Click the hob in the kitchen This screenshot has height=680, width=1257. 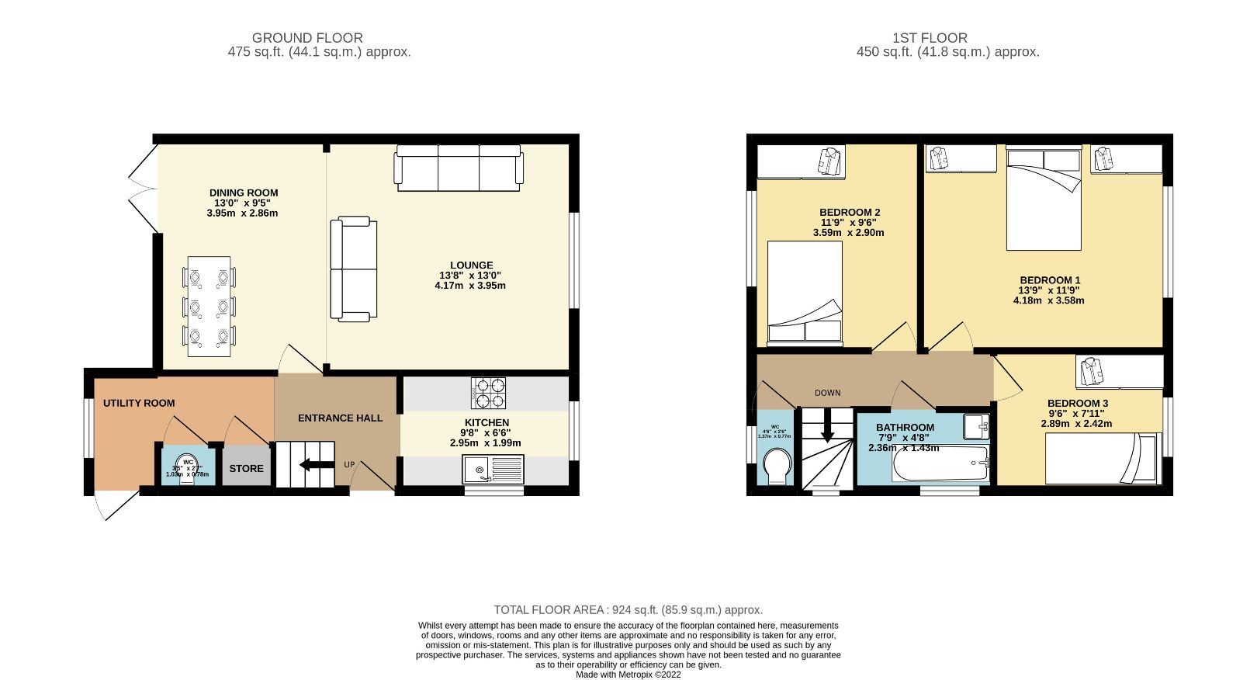pyautogui.click(x=489, y=393)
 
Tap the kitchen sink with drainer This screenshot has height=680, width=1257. pyautogui.click(x=493, y=470)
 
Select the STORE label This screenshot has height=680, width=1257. pyautogui.click(x=246, y=468)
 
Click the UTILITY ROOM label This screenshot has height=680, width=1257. pyautogui.click(x=139, y=403)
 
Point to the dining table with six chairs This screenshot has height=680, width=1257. pyautogui.click(x=209, y=307)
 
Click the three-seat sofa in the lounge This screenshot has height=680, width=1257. pyautogui.click(x=459, y=168)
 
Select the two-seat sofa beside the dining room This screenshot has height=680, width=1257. pyautogui.click(x=354, y=269)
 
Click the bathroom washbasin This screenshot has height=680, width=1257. pyautogui.click(x=976, y=426)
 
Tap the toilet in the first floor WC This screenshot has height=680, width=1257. pyautogui.click(x=777, y=467)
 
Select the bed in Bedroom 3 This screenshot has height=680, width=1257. pyautogui.click(x=1102, y=458)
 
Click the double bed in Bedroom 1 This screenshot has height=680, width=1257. pyautogui.click(x=1044, y=199)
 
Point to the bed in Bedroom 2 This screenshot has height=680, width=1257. pyautogui.click(x=805, y=293)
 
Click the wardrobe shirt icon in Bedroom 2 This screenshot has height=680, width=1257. pyautogui.click(x=829, y=161)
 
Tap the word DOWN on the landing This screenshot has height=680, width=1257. pyautogui.click(x=827, y=393)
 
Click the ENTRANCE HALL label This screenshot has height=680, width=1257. pyautogui.click(x=340, y=418)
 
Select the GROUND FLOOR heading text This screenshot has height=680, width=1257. pyautogui.click(x=307, y=37)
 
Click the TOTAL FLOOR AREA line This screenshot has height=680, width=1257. pyautogui.click(x=628, y=610)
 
